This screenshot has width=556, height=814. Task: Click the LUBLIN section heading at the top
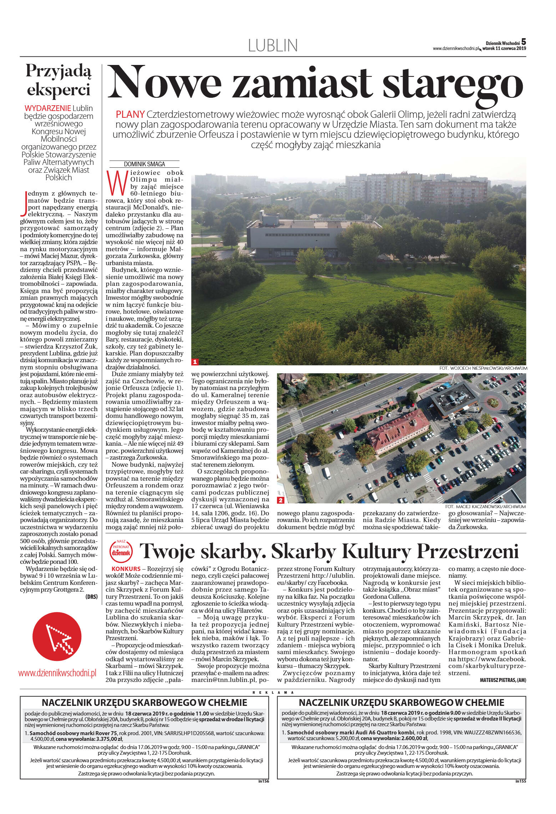click(273, 46)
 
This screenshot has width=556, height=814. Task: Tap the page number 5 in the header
click(524, 41)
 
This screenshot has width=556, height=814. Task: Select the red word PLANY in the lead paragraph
click(130, 115)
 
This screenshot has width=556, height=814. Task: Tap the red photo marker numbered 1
click(195, 362)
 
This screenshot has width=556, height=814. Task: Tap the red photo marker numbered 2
click(281, 500)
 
